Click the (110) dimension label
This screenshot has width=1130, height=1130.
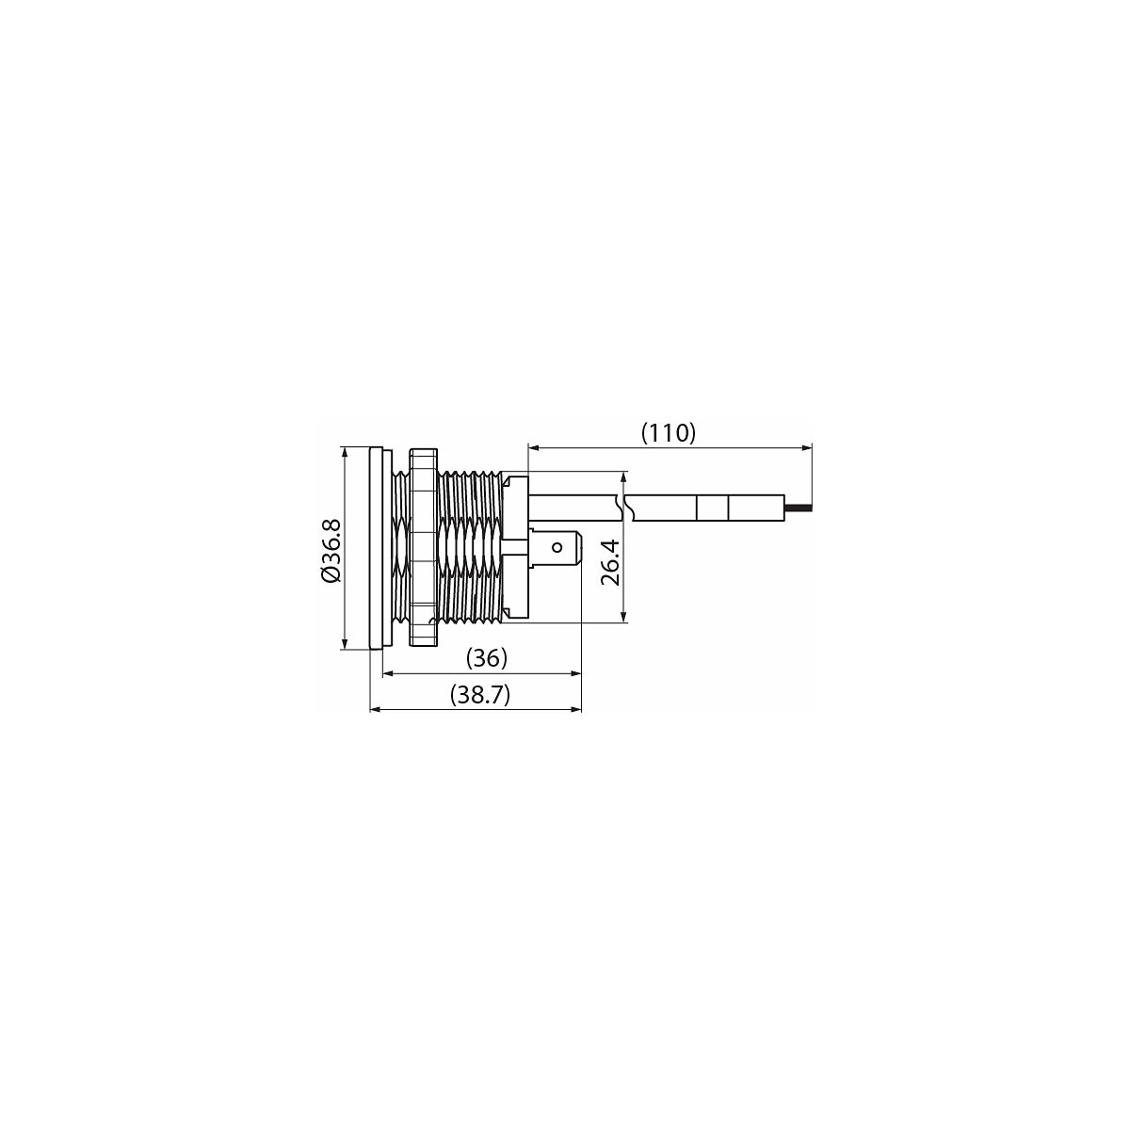[x=668, y=433]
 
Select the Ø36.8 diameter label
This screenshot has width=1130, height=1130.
[x=331, y=550]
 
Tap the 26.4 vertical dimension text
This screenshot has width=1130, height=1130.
[x=610, y=562]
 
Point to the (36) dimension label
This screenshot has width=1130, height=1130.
[x=486, y=658]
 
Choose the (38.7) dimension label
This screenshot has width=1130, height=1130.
[x=479, y=695]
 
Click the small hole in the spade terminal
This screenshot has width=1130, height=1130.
[x=557, y=548]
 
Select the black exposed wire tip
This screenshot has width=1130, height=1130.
[x=799, y=506]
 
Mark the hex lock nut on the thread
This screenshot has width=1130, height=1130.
[x=423, y=548]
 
